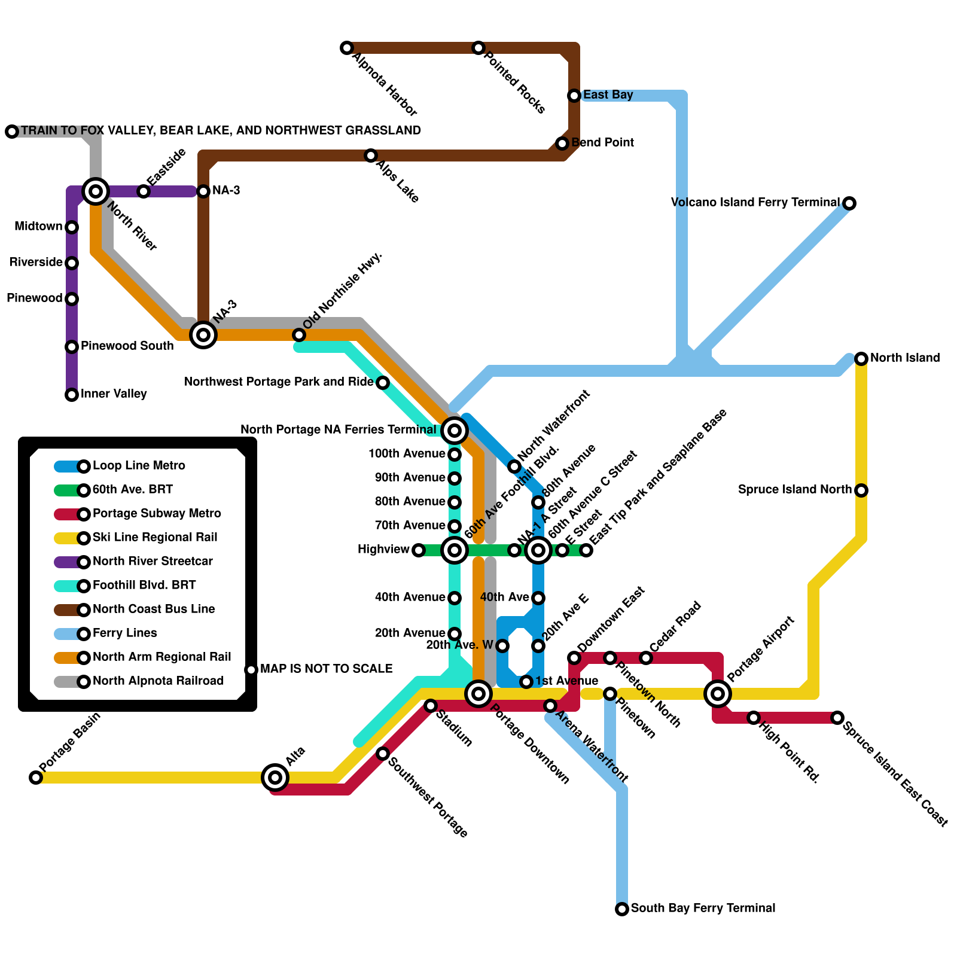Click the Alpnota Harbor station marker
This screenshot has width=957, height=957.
coord(347,48)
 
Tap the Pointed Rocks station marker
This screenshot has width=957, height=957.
coord(478,48)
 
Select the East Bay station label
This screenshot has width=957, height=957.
coord(608,95)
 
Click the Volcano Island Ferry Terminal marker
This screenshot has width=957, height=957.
coord(849,203)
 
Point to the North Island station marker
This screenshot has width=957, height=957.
coord(861,359)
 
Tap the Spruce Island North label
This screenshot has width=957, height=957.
coord(794,490)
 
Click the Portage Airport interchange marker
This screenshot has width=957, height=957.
coord(718,694)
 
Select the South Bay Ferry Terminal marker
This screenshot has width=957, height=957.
coord(622,909)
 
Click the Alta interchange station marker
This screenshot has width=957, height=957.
coord(275,778)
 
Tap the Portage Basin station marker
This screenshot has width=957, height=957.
coord(36,778)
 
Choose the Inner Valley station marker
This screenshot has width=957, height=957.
coord(72,395)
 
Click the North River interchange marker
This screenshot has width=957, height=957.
coord(96,191)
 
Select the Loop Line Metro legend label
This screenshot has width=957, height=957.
coord(139,466)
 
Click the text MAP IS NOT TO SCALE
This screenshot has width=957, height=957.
coord(326,669)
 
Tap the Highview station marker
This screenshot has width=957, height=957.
coord(419,550)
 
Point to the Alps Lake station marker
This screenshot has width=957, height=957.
coord(371,156)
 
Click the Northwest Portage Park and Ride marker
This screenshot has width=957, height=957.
coord(383,383)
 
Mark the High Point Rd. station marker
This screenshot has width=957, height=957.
coord(754,718)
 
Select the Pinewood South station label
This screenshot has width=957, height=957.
coord(127,346)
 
